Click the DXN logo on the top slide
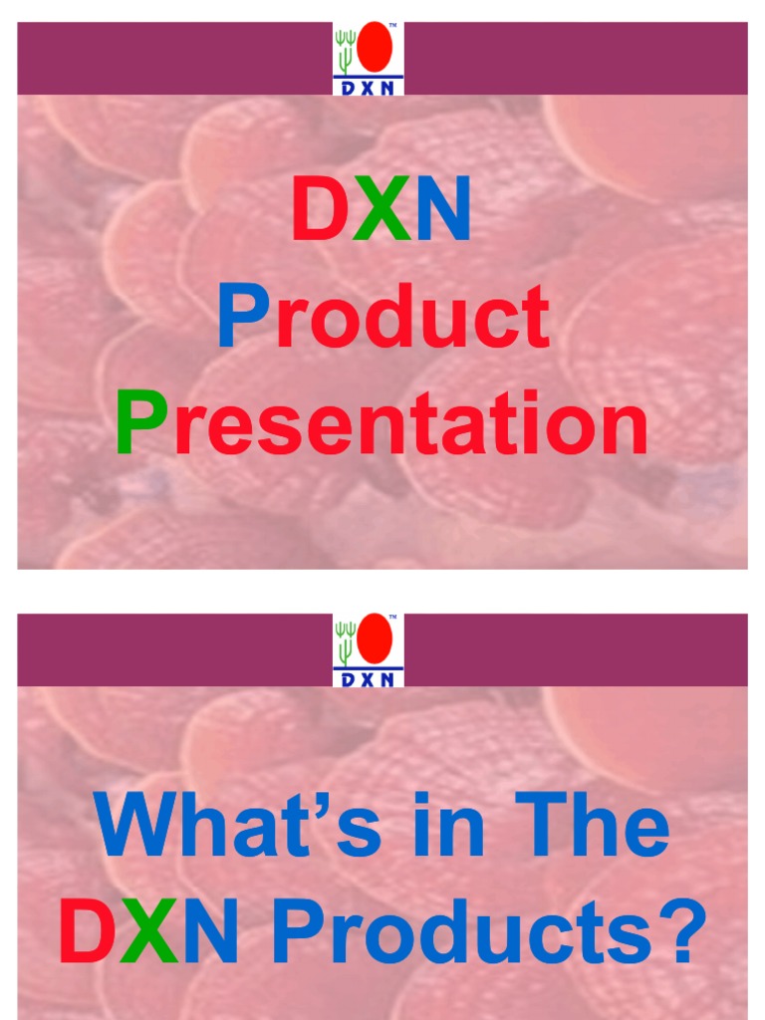pos(369,59)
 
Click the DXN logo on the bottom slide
pos(369,650)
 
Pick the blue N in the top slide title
pos(442,210)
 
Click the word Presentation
pos(382,423)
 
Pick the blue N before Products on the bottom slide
pos(210,933)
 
